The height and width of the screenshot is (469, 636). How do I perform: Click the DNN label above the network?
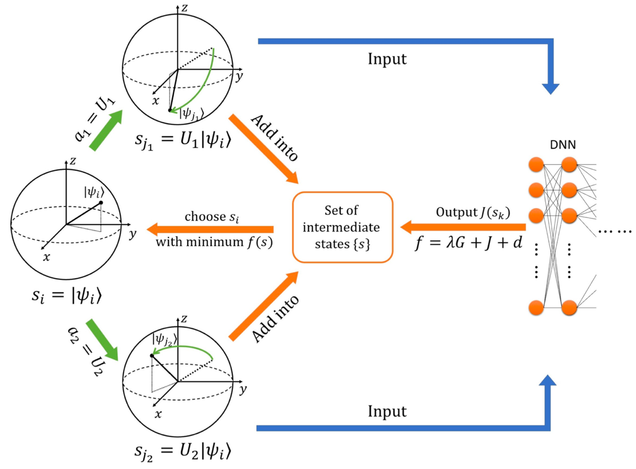[x=563, y=145]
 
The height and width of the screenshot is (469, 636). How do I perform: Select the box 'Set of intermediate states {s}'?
[x=343, y=227]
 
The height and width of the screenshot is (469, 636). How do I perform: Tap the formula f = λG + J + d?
[x=469, y=243]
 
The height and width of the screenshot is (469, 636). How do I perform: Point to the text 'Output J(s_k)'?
[x=473, y=213]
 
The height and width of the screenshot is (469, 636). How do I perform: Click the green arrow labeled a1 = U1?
[x=106, y=130]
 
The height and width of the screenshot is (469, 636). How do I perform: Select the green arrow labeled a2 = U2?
[x=102, y=340]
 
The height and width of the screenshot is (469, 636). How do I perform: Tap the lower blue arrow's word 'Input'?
[x=387, y=411]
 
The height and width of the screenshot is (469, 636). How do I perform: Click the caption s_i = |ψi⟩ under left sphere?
[x=67, y=295]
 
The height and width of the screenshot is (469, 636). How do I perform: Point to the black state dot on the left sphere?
[x=101, y=202]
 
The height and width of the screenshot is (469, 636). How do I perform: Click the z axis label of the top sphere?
[x=185, y=8]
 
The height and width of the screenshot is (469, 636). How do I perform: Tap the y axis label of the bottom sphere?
[x=243, y=389]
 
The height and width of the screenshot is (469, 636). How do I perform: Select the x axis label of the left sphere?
[x=46, y=257]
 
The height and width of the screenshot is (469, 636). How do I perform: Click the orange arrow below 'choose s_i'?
[x=210, y=229]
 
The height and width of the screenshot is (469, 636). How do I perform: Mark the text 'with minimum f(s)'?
[x=214, y=242]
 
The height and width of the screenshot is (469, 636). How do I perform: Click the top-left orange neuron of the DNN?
[x=536, y=164]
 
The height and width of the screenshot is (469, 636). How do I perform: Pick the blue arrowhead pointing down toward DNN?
[x=551, y=89]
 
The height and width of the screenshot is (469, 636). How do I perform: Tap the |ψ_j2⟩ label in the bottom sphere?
[x=165, y=339]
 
